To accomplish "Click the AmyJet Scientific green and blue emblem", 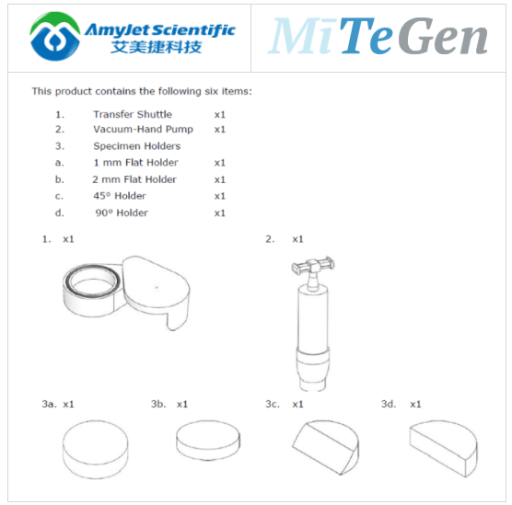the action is (55, 36).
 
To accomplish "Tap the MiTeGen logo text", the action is (378, 36).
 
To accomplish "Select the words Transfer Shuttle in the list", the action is (133, 114).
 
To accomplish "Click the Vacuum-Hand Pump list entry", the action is (143, 129).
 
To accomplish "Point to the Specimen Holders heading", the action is (137, 146).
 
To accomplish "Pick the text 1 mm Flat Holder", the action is (136, 163).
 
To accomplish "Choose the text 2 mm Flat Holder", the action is (134, 179).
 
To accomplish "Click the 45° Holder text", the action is (120, 196).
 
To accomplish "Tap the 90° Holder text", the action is (122, 212).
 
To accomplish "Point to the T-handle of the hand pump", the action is (313, 266).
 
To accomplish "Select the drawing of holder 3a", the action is (96, 450).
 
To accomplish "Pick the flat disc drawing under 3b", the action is (208, 441).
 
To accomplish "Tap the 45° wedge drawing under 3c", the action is (325, 447).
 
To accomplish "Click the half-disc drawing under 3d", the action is (443, 448).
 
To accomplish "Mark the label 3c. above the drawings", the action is (273, 404).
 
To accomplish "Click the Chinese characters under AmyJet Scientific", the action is (156, 47).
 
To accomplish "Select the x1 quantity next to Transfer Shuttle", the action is (220, 115).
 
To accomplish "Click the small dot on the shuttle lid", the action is (157, 287).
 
